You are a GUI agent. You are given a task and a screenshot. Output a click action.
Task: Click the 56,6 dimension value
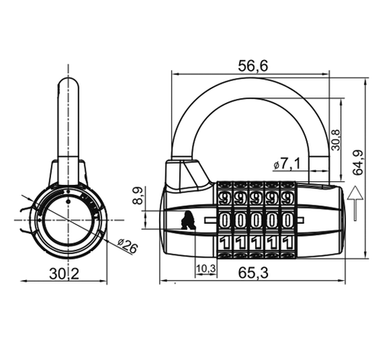pyautogui.click(x=253, y=66)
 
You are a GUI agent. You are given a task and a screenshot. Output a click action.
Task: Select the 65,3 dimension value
pyautogui.click(x=253, y=273)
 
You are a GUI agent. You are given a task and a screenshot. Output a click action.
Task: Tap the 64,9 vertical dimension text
pyautogui.click(x=358, y=163)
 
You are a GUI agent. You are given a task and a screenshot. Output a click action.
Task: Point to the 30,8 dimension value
pyautogui.click(x=336, y=140)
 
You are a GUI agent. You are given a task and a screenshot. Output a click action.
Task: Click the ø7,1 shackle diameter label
pyautogui.click(x=287, y=164)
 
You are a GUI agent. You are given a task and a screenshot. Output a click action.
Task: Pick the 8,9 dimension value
pyautogui.click(x=139, y=196)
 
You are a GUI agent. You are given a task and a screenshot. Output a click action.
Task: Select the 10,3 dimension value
pyautogui.click(x=206, y=269)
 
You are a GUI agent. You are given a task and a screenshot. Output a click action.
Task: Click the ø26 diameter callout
pyautogui.click(x=128, y=245)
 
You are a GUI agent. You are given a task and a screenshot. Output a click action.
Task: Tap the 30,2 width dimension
pyautogui.click(x=64, y=274)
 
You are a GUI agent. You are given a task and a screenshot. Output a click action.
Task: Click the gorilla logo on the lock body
pyautogui.click(x=188, y=220)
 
